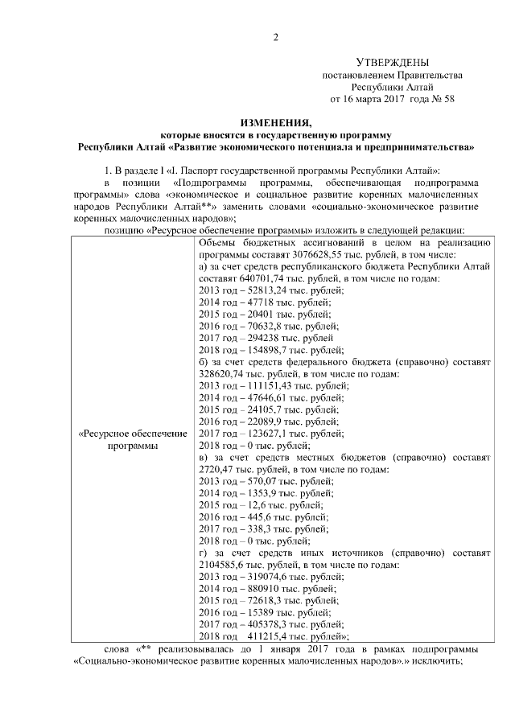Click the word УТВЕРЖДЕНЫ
pos(392,63)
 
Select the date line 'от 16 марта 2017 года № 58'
pos(392,99)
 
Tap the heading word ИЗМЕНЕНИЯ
pos(276,123)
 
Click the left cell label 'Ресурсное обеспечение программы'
pos(132,439)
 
